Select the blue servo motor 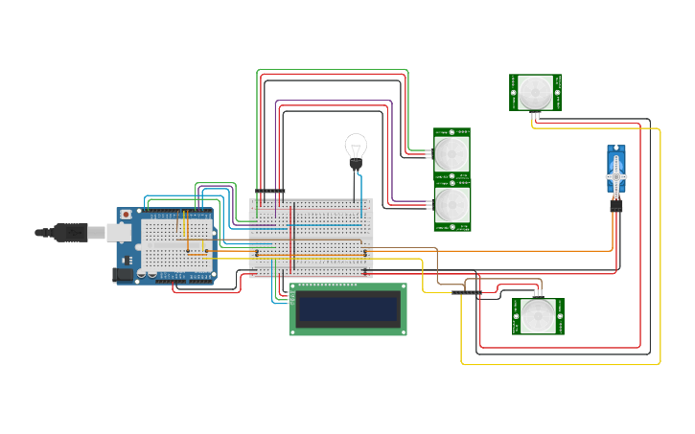tap(616, 172)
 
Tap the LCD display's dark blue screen tap(347, 308)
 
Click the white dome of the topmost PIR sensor tap(535, 93)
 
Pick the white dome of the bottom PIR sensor tap(538, 316)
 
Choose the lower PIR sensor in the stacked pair tap(452, 207)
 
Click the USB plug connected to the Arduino tap(72, 232)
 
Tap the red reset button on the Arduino tap(126, 215)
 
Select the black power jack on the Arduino tap(122, 274)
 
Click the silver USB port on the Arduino tap(118, 233)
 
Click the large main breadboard tap(311, 238)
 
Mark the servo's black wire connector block tap(616, 205)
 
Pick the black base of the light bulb tap(356, 165)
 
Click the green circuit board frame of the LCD tap(347, 330)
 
